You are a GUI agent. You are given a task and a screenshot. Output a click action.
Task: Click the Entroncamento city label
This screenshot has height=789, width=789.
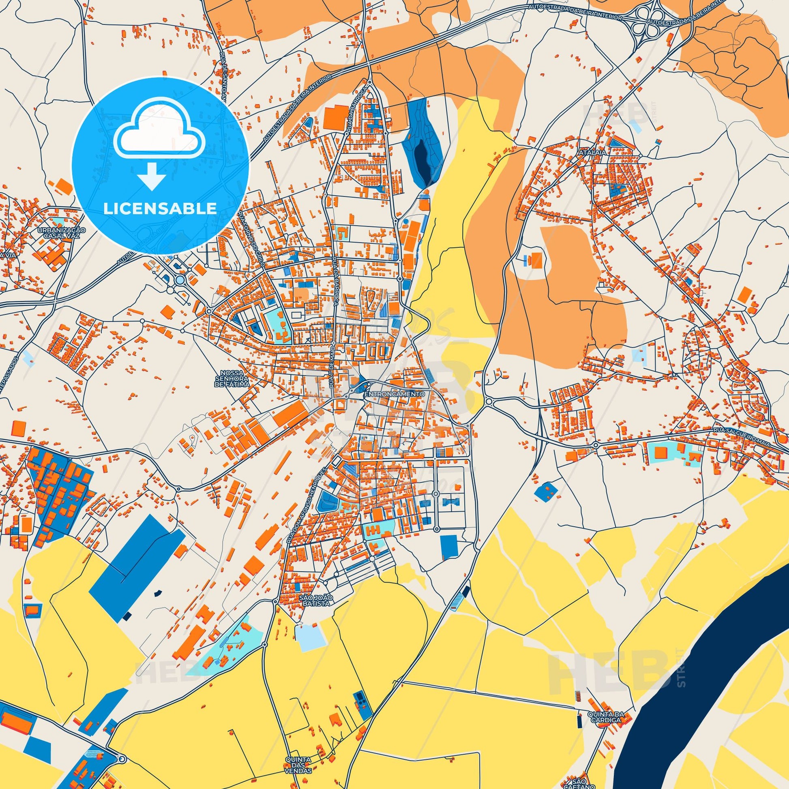pos(394,394)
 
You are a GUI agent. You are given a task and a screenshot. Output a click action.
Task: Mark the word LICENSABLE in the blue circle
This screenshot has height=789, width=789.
pos(160,208)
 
